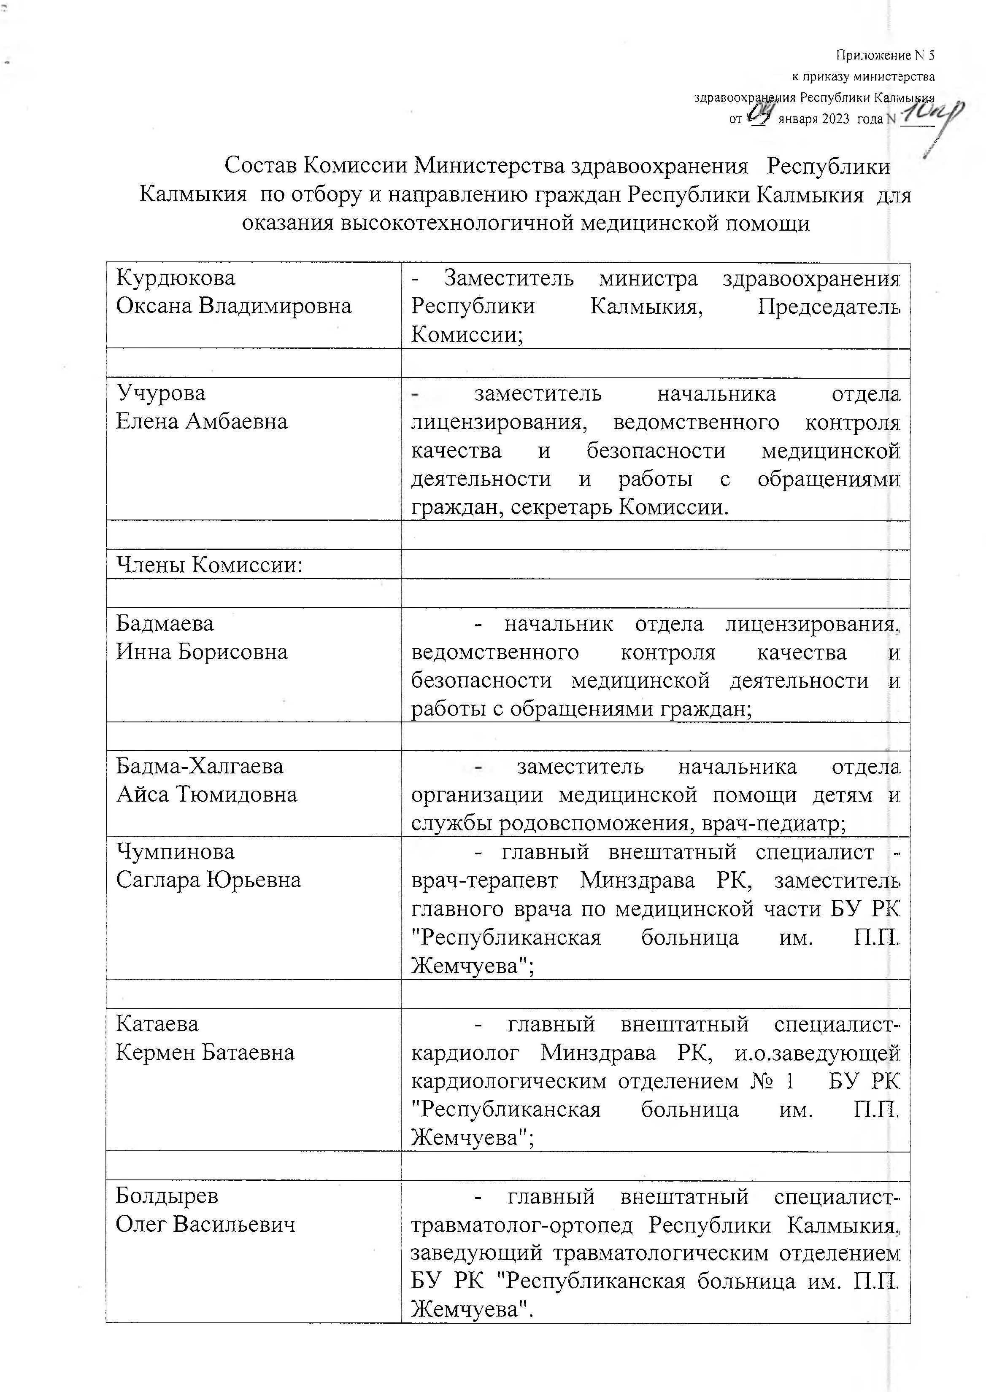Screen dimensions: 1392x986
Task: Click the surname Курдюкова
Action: tap(176, 278)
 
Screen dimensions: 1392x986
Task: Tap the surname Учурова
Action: tap(161, 393)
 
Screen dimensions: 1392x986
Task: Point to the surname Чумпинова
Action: tap(176, 851)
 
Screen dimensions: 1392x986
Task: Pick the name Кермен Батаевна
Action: tap(205, 1052)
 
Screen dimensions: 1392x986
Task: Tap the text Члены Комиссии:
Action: tap(209, 565)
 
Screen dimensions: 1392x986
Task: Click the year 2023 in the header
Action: tap(835, 119)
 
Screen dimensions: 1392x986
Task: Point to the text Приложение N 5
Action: tap(885, 56)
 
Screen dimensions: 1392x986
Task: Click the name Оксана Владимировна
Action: tap(234, 306)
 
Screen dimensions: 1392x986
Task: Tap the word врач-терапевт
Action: tap(484, 880)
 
